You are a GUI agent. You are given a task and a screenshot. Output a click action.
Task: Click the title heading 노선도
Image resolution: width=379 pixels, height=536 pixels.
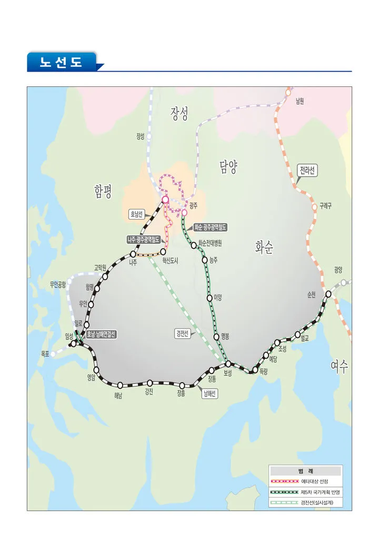62,62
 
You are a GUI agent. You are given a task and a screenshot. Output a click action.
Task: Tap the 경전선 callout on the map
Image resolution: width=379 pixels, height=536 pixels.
182,333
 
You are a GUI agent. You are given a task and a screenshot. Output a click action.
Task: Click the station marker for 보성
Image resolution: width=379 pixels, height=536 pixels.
228,364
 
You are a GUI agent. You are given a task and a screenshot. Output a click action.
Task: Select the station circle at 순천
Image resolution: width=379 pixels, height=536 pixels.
328,294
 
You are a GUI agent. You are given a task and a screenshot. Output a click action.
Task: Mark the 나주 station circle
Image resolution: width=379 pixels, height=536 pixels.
133,254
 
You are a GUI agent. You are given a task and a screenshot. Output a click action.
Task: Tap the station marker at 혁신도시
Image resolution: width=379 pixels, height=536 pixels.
163,252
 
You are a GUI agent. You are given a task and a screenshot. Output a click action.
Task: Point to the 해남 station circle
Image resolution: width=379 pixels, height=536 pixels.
120,385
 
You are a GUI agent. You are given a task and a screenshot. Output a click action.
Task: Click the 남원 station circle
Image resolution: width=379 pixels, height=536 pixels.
288,92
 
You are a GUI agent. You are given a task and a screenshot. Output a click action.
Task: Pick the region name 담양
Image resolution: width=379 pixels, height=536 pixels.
228,168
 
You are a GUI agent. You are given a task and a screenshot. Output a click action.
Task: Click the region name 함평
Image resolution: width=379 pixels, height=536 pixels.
103,191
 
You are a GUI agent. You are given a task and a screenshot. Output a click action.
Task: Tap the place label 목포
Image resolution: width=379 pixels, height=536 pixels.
45,354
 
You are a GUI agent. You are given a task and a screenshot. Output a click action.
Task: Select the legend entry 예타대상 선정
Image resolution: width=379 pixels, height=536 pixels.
317,481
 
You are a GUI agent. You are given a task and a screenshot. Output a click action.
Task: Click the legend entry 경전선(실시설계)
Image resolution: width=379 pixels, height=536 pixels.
317,502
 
